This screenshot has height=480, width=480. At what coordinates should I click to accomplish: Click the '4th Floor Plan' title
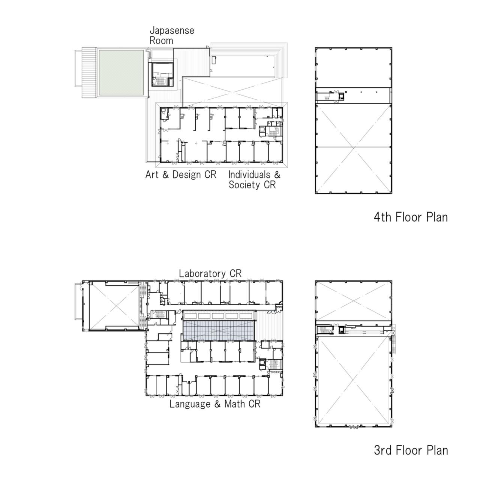pos(411,217)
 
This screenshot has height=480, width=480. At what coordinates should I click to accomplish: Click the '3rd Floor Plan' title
pos(411,450)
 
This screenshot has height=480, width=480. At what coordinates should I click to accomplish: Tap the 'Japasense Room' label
pos(172,35)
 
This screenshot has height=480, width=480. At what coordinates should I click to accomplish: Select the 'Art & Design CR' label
pos(181,175)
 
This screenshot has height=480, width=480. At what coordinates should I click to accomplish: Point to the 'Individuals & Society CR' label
pos(254,180)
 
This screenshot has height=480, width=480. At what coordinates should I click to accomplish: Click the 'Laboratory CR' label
pos(210,273)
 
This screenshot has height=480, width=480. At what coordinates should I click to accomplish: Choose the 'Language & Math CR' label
pos(215,404)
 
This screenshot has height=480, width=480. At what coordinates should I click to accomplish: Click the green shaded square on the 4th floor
pos(121,72)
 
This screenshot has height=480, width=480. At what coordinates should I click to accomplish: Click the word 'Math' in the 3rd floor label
pos(235,404)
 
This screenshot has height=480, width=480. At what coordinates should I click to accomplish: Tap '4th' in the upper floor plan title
pos(382,217)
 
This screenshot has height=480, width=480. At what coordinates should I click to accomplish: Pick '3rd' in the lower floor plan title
pos(383,450)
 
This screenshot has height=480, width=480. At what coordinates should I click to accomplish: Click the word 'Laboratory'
pos(202,273)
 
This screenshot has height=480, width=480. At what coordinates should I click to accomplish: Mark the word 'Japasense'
pos(172,30)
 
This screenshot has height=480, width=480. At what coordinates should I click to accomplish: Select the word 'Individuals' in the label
pos(249,174)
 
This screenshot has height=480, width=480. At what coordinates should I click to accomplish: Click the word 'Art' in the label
pos(152,175)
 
